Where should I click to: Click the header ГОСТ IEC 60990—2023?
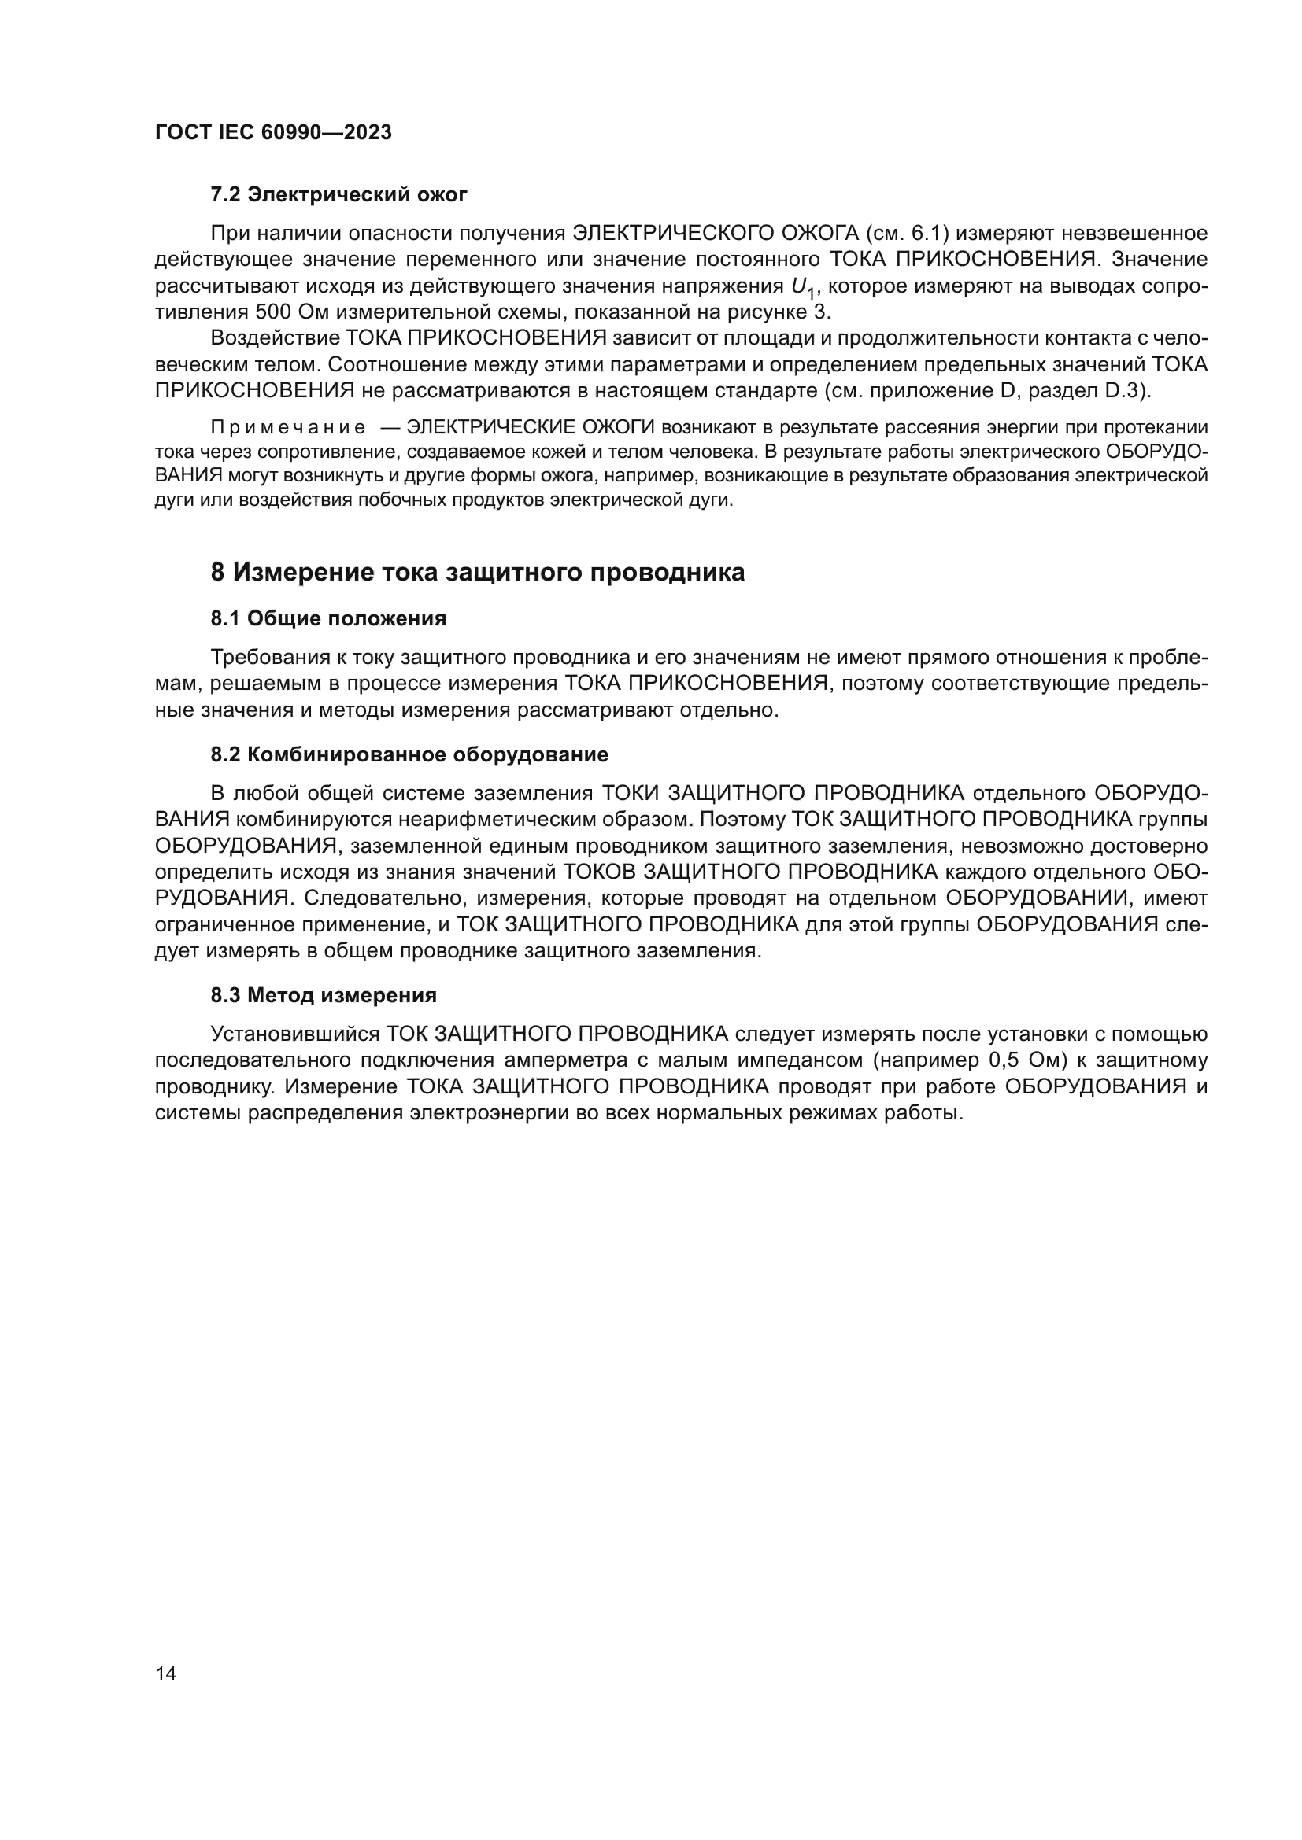click(273, 133)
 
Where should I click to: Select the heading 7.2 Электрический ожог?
click(339, 195)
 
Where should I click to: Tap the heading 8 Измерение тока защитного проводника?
click(478, 572)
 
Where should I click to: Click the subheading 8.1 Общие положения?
click(329, 618)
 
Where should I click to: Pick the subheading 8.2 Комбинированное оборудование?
click(409, 755)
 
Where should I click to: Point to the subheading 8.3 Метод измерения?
click(324, 996)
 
